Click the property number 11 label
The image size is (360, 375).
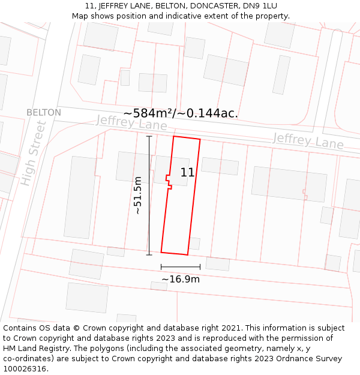(187, 173)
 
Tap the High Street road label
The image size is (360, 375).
(33, 153)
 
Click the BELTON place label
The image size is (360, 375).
(44, 113)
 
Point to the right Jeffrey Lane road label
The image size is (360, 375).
(308, 142)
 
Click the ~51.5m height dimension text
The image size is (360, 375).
(138, 195)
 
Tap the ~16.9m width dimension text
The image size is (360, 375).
(181, 279)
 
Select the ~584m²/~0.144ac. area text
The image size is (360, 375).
(181, 113)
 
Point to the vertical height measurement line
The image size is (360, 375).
(149, 195)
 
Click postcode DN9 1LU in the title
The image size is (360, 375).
(262, 6)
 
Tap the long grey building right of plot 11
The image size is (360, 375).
(289, 183)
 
